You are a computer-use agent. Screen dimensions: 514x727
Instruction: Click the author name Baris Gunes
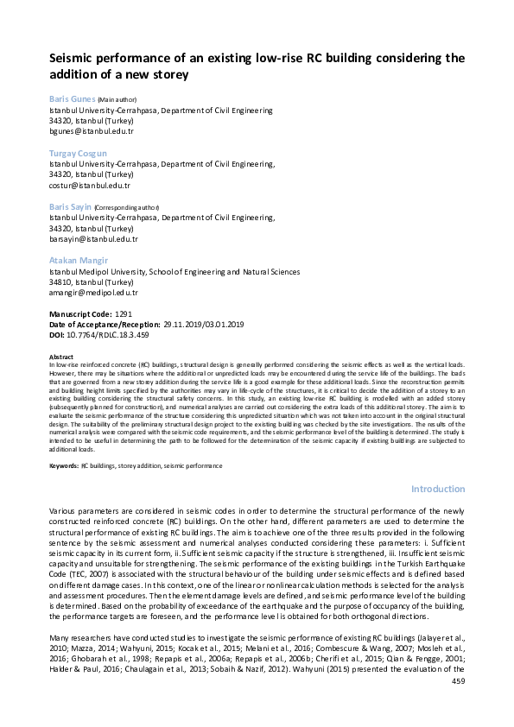click(x=73, y=99)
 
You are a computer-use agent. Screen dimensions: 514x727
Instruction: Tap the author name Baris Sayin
click(x=72, y=207)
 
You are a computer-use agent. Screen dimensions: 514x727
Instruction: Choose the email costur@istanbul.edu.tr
click(x=90, y=186)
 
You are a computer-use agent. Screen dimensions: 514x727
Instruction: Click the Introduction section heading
click(x=437, y=489)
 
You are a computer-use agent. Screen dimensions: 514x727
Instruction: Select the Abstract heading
click(x=61, y=357)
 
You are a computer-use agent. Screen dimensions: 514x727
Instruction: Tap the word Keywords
click(x=64, y=465)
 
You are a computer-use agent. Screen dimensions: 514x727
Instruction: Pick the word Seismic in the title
click(x=74, y=58)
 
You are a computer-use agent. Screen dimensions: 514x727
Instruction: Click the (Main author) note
click(x=119, y=100)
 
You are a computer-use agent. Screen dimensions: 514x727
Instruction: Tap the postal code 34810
click(x=61, y=282)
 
